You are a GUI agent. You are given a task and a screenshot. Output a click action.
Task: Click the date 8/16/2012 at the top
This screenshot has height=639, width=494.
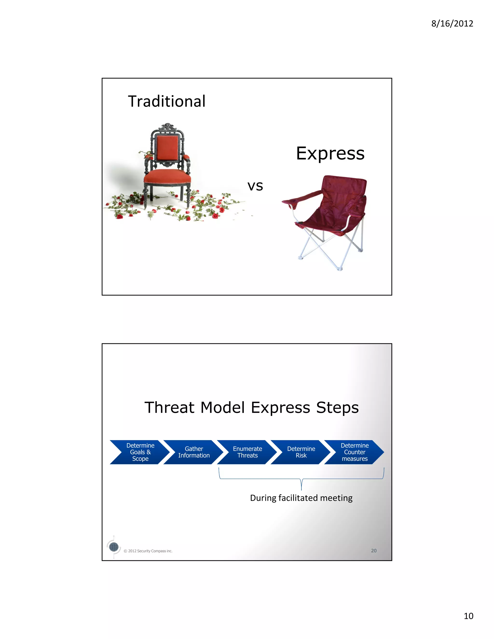(452, 23)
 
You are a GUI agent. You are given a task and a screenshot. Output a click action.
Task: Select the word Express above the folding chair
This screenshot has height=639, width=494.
(330, 153)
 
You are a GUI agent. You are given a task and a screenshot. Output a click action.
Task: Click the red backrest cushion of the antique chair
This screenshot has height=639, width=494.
(167, 148)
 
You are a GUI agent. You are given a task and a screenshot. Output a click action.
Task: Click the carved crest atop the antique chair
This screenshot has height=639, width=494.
(167, 127)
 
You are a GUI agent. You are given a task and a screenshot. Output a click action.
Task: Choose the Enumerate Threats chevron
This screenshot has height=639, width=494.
(247, 452)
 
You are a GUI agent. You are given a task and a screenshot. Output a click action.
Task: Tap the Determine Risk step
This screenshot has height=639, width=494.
(301, 452)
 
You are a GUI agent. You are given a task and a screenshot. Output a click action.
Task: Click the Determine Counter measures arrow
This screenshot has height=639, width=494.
(354, 452)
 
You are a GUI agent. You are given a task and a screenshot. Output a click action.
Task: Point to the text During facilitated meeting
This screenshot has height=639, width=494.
(301, 498)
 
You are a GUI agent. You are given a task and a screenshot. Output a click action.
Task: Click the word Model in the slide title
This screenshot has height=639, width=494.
(222, 408)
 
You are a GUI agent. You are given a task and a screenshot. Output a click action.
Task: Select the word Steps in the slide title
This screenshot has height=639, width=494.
(337, 408)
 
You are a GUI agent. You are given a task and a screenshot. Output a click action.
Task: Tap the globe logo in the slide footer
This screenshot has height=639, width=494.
(114, 547)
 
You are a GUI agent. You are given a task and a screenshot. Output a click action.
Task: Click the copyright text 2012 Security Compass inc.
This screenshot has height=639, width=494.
(150, 551)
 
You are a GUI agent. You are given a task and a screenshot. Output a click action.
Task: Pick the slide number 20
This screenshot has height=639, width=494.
(373, 551)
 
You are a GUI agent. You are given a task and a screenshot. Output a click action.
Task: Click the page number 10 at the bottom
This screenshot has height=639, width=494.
(468, 616)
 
